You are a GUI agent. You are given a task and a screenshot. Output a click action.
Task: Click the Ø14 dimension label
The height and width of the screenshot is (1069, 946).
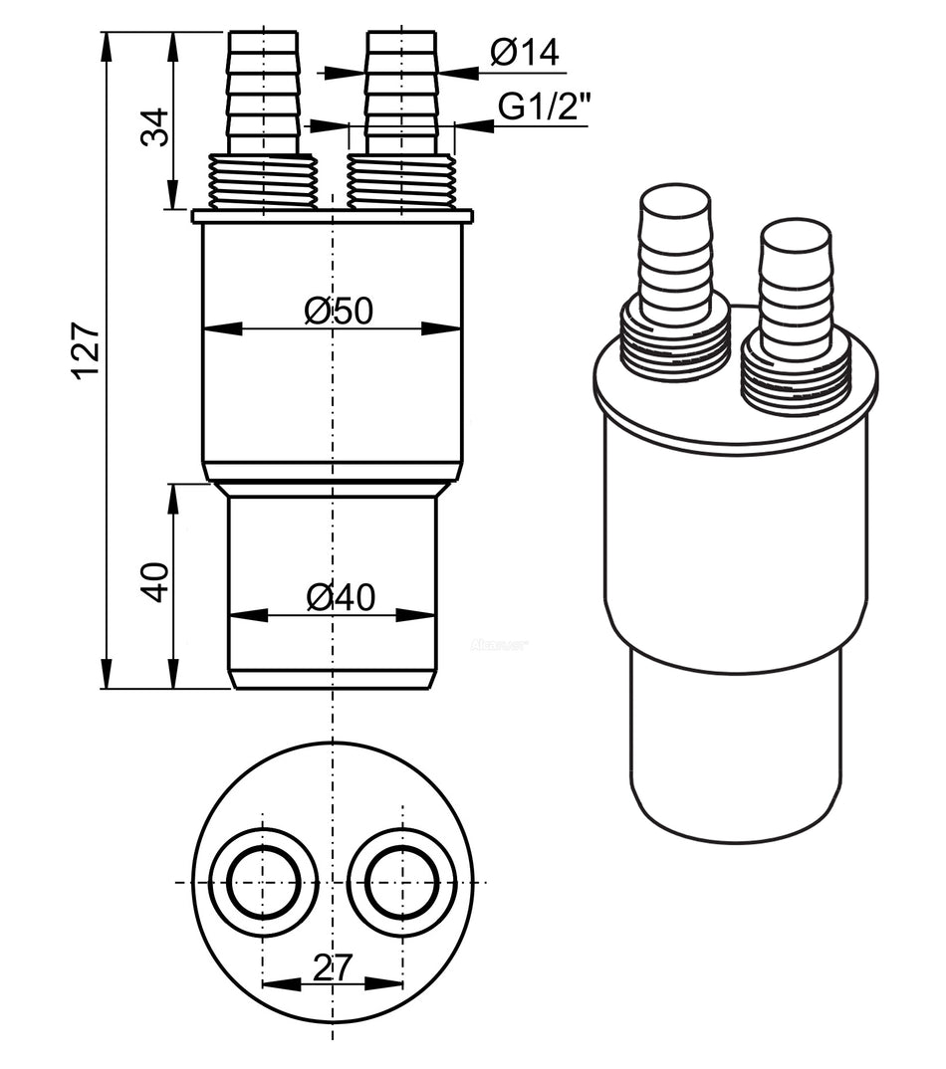point(525,53)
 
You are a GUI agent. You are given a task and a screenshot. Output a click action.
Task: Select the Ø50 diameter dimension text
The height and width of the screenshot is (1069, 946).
point(339,312)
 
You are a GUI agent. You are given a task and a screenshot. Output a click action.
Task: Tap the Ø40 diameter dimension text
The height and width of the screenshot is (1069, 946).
point(340,597)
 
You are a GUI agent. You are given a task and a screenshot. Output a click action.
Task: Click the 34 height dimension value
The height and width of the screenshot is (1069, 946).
point(155,126)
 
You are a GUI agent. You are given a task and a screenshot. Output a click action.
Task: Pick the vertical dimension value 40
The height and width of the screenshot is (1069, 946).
point(155,582)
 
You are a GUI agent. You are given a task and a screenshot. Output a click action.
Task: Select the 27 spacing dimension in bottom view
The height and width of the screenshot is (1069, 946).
point(332,965)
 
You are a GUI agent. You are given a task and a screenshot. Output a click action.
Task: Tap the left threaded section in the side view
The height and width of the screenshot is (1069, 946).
point(264,181)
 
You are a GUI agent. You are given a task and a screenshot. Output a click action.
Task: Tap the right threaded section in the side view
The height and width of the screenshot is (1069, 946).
point(401,181)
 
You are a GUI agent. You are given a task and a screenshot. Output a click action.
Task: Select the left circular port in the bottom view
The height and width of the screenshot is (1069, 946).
point(263,882)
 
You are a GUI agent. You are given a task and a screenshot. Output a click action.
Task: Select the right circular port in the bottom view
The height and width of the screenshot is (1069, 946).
point(401,882)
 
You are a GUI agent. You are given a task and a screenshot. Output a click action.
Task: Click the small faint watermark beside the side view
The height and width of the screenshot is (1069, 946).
point(498,644)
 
